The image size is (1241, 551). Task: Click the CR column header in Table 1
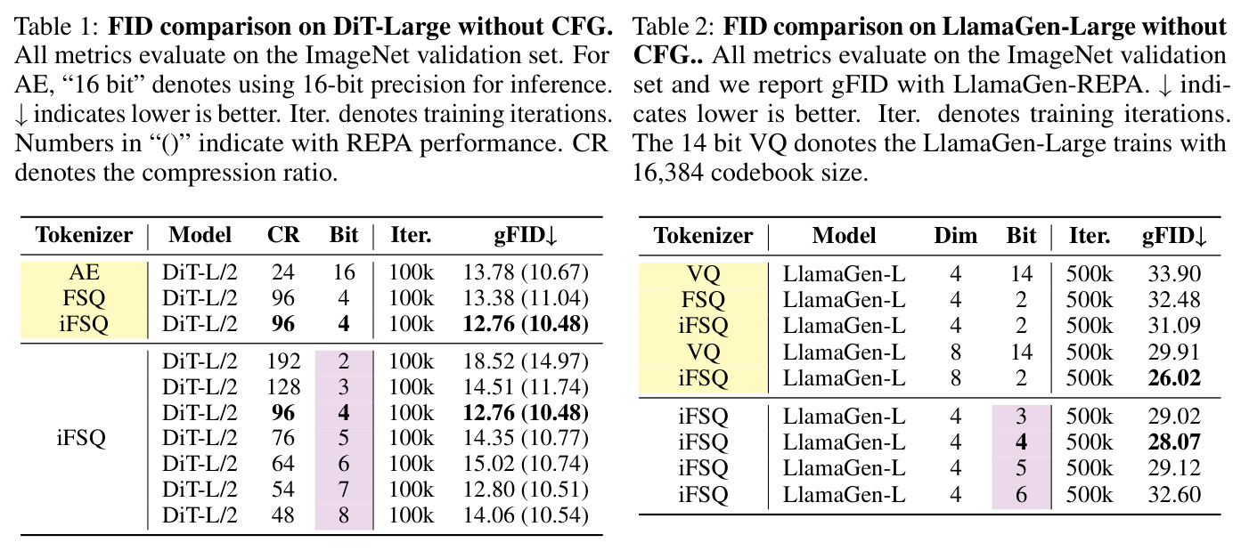283,235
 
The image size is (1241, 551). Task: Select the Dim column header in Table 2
955,235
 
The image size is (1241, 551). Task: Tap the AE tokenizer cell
85,272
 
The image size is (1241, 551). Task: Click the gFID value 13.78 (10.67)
526,272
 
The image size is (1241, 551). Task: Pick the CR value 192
283,361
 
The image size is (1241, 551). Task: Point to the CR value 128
283,386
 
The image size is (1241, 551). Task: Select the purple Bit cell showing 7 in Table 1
344,490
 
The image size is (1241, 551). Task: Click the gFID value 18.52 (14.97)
526,361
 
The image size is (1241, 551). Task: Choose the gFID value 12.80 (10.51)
526,490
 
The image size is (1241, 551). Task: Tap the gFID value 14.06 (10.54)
526,515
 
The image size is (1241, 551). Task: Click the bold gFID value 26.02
1174,378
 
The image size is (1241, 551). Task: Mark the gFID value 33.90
1174,273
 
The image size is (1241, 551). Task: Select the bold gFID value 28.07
1174,442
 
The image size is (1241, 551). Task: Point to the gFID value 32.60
1174,495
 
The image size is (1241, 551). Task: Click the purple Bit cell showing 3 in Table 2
1021,417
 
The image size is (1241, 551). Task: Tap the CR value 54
283,490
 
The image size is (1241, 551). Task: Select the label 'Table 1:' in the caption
57,27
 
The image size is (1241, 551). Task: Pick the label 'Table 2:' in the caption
674,27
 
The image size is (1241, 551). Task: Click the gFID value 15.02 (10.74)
526,464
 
